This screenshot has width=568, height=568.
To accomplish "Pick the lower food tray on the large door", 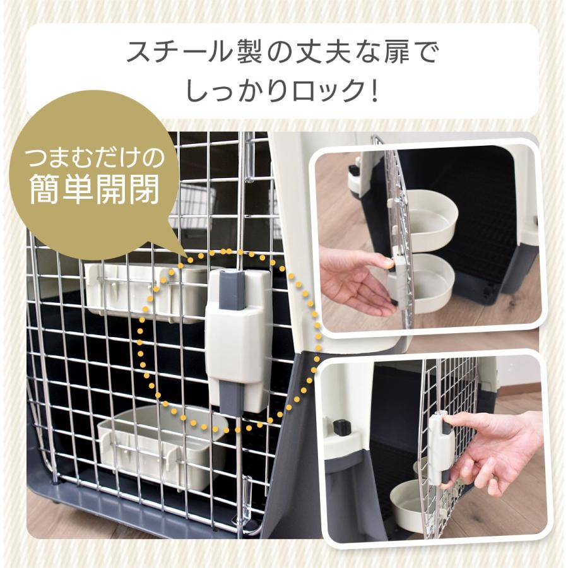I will click(x=161, y=445).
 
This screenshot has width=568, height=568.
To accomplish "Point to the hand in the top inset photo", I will click(x=357, y=278).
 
